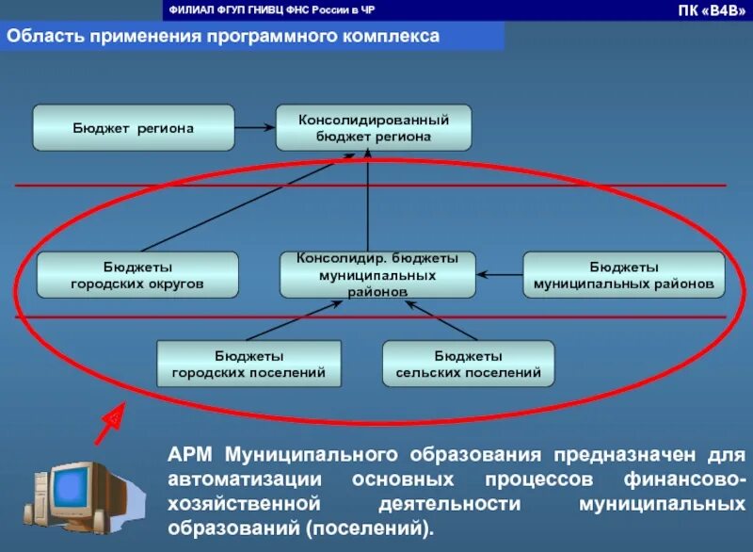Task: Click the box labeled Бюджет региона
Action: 133,128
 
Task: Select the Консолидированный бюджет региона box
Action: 373,128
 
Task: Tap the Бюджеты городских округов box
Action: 136,275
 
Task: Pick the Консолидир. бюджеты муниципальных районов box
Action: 377,274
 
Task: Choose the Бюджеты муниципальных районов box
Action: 623,275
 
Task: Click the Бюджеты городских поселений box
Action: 248,365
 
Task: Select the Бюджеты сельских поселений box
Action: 468,365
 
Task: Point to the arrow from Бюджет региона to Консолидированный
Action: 254,128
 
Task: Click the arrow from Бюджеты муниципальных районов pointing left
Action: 499,274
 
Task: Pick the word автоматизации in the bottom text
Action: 250,479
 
